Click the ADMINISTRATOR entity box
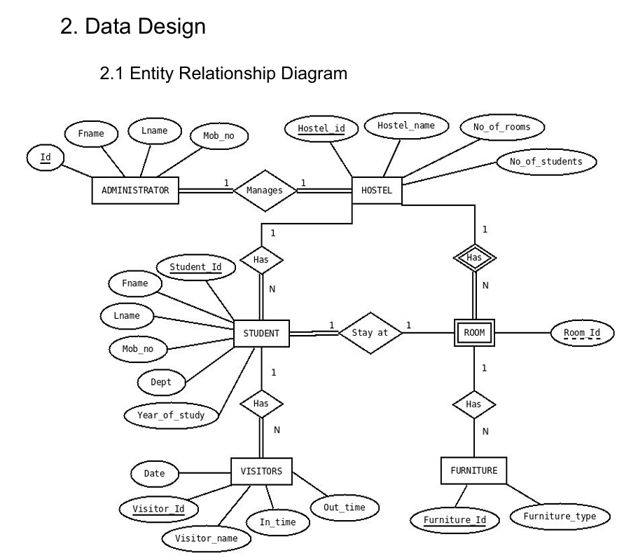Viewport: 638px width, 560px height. (x=136, y=190)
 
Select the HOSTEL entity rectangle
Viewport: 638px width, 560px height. (x=376, y=190)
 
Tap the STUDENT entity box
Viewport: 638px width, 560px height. (x=261, y=333)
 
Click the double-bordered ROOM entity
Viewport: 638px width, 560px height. (x=474, y=333)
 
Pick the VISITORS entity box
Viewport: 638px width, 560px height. (x=261, y=471)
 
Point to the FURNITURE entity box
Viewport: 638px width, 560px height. (x=474, y=471)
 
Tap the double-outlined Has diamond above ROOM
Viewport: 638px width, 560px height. (x=474, y=257)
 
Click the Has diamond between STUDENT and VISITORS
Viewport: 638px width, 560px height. (x=261, y=404)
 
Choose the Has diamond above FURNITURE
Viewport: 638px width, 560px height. (x=474, y=404)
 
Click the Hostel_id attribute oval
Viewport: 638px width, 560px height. (x=321, y=129)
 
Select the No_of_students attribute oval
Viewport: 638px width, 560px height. (x=547, y=161)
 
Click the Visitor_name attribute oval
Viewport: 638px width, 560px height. (x=200, y=538)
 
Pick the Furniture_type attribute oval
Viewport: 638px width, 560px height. (x=560, y=517)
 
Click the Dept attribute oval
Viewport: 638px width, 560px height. (x=161, y=382)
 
